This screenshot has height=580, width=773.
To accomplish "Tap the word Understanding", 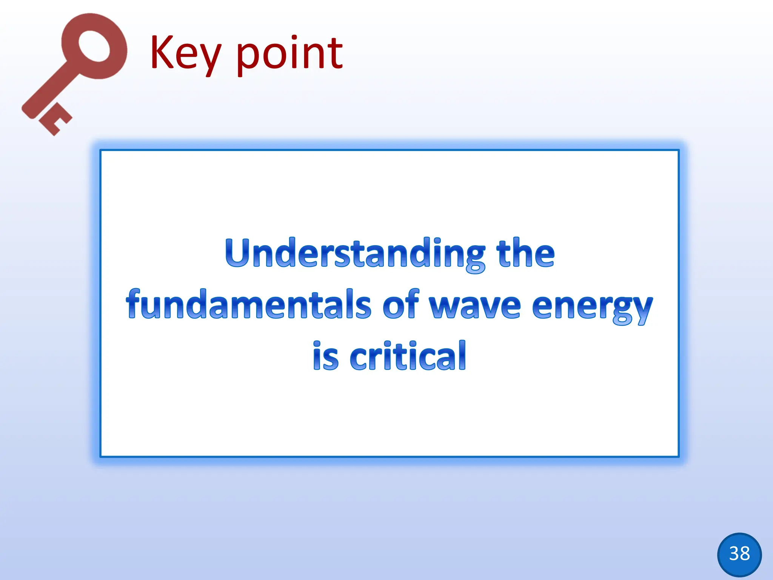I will coord(355,253).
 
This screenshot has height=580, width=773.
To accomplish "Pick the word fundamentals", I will coord(249,304).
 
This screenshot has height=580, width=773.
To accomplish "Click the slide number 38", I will coord(739,554).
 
